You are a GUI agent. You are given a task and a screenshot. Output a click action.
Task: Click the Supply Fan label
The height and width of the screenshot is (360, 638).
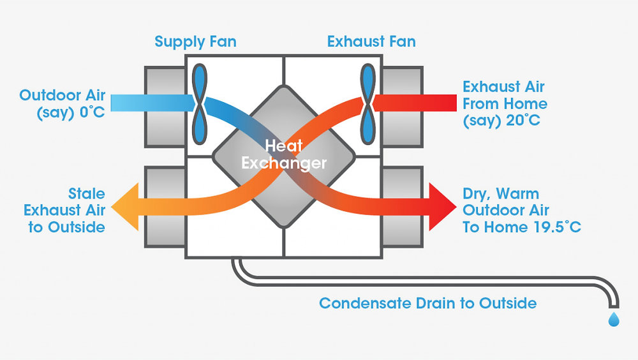click(x=195, y=42)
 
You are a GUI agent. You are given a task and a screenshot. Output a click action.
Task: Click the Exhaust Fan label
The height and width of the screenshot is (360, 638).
click(x=371, y=42)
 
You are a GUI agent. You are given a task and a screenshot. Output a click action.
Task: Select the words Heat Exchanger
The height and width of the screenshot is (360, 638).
click(x=284, y=155)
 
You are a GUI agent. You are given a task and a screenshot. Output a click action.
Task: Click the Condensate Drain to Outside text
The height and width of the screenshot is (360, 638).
click(x=427, y=303)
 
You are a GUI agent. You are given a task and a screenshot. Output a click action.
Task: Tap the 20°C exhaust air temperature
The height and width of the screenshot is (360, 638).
click(x=522, y=120)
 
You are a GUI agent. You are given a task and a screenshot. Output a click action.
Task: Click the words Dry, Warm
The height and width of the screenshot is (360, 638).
click(x=501, y=193)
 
